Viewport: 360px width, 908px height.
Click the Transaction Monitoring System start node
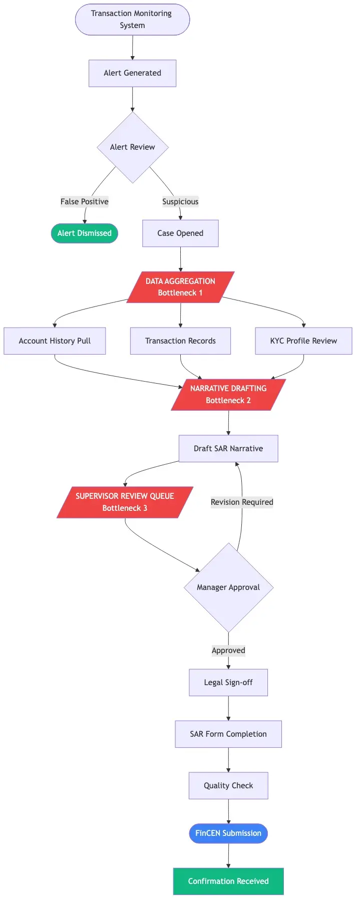[x=132, y=20]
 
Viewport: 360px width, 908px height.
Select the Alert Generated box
[x=132, y=73]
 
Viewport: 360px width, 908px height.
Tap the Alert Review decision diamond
[x=132, y=147]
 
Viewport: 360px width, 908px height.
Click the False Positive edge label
[x=84, y=201]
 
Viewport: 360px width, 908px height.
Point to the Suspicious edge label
[x=180, y=201]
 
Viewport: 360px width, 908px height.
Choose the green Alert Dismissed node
[x=84, y=233]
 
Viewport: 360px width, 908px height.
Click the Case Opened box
[x=180, y=233]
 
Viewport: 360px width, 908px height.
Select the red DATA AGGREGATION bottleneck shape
[x=180, y=287]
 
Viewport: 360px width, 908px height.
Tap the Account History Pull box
[x=55, y=341]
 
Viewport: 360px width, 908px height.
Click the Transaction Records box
[x=180, y=341]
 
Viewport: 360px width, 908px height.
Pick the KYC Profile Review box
[x=303, y=341]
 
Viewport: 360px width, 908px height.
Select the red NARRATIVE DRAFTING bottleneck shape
[x=228, y=394]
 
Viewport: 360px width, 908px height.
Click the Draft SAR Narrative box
[x=228, y=448]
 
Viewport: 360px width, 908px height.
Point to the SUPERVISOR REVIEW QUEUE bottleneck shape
[x=125, y=502]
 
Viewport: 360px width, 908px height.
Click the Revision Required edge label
[x=242, y=502]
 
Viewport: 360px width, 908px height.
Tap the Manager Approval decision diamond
[x=228, y=587]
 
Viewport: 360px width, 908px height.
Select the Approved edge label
[x=228, y=650]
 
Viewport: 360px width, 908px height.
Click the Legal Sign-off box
[x=228, y=682]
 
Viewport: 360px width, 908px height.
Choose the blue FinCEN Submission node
[x=228, y=833]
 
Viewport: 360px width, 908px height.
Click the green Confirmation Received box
[x=228, y=881]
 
